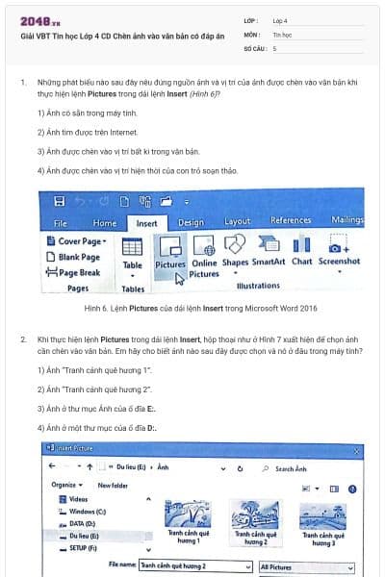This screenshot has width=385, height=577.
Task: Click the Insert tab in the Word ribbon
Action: [x=146, y=222]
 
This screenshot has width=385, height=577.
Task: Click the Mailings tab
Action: [x=346, y=221]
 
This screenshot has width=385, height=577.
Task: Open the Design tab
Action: [x=191, y=222]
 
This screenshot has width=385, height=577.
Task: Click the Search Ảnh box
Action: [x=308, y=468]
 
